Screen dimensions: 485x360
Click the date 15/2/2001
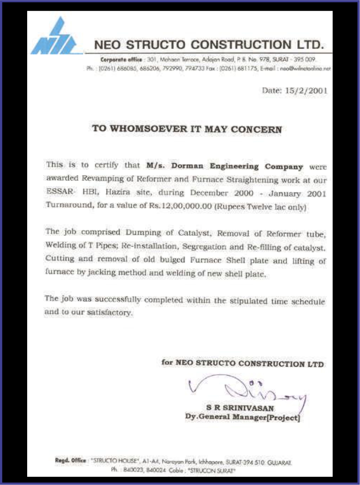point(306,90)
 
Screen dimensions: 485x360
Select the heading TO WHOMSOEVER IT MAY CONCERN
point(187,129)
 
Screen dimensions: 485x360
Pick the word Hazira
point(118,192)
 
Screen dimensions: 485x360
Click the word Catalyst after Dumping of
point(193,233)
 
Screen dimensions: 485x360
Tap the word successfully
point(118,300)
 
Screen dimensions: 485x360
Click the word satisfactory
point(110,313)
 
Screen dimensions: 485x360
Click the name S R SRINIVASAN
point(240,408)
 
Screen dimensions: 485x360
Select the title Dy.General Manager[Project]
point(242,417)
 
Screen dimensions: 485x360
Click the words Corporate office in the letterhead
point(121,60)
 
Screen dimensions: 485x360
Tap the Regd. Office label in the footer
point(70,460)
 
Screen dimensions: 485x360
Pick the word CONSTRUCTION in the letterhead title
point(241,45)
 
